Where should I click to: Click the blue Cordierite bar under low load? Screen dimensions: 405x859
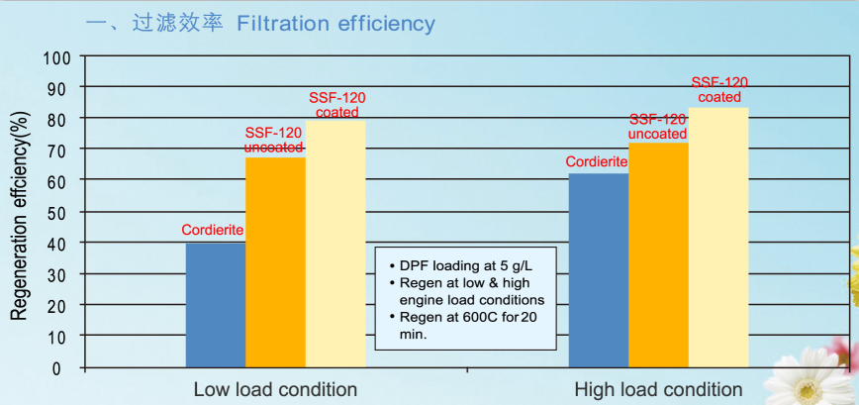coord(216,304)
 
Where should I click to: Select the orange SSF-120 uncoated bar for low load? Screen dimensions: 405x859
coord(275,262)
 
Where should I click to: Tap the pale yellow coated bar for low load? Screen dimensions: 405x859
coord(335,243)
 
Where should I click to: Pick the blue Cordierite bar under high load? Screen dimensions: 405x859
coord(599,269)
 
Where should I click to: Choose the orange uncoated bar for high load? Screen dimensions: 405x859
coord(658,254)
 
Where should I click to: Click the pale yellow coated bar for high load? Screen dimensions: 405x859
coord(718,238)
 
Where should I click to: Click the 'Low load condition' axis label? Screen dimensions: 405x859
coord(275,389)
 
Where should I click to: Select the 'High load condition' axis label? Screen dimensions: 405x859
coord(660,389)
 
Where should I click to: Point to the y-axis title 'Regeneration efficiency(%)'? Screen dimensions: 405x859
coord(19,214)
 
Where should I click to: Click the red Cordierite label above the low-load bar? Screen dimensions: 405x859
coord(213,231)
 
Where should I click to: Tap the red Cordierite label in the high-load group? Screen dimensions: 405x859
coord(597,161)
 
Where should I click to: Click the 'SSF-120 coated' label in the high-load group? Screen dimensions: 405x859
coord(718,90)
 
